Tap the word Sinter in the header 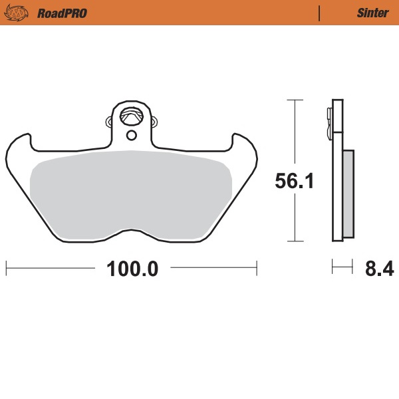click(x=373, y=13)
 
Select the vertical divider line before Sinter click(x=320, y=13)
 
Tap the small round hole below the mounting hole click(x=131, y=136)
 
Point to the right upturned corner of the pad click(x=244, y=144)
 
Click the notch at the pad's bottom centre click(x=131, y=233)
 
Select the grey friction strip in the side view click(x=348, y=193)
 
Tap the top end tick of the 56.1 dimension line click(x=295, y=100)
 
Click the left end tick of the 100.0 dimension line click(x=6, y=269)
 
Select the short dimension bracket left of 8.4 click(x=341, y=269)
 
